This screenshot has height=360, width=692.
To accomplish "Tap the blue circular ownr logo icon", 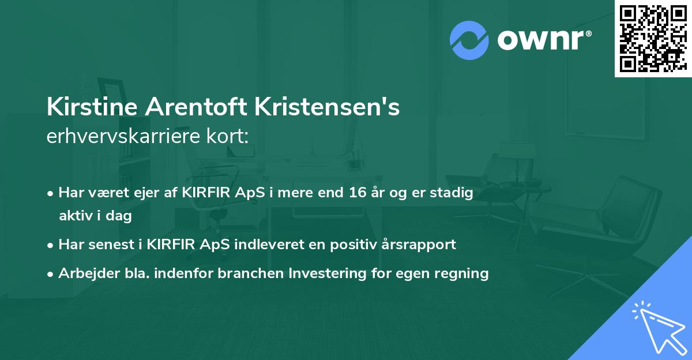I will click(x=469, y=40).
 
